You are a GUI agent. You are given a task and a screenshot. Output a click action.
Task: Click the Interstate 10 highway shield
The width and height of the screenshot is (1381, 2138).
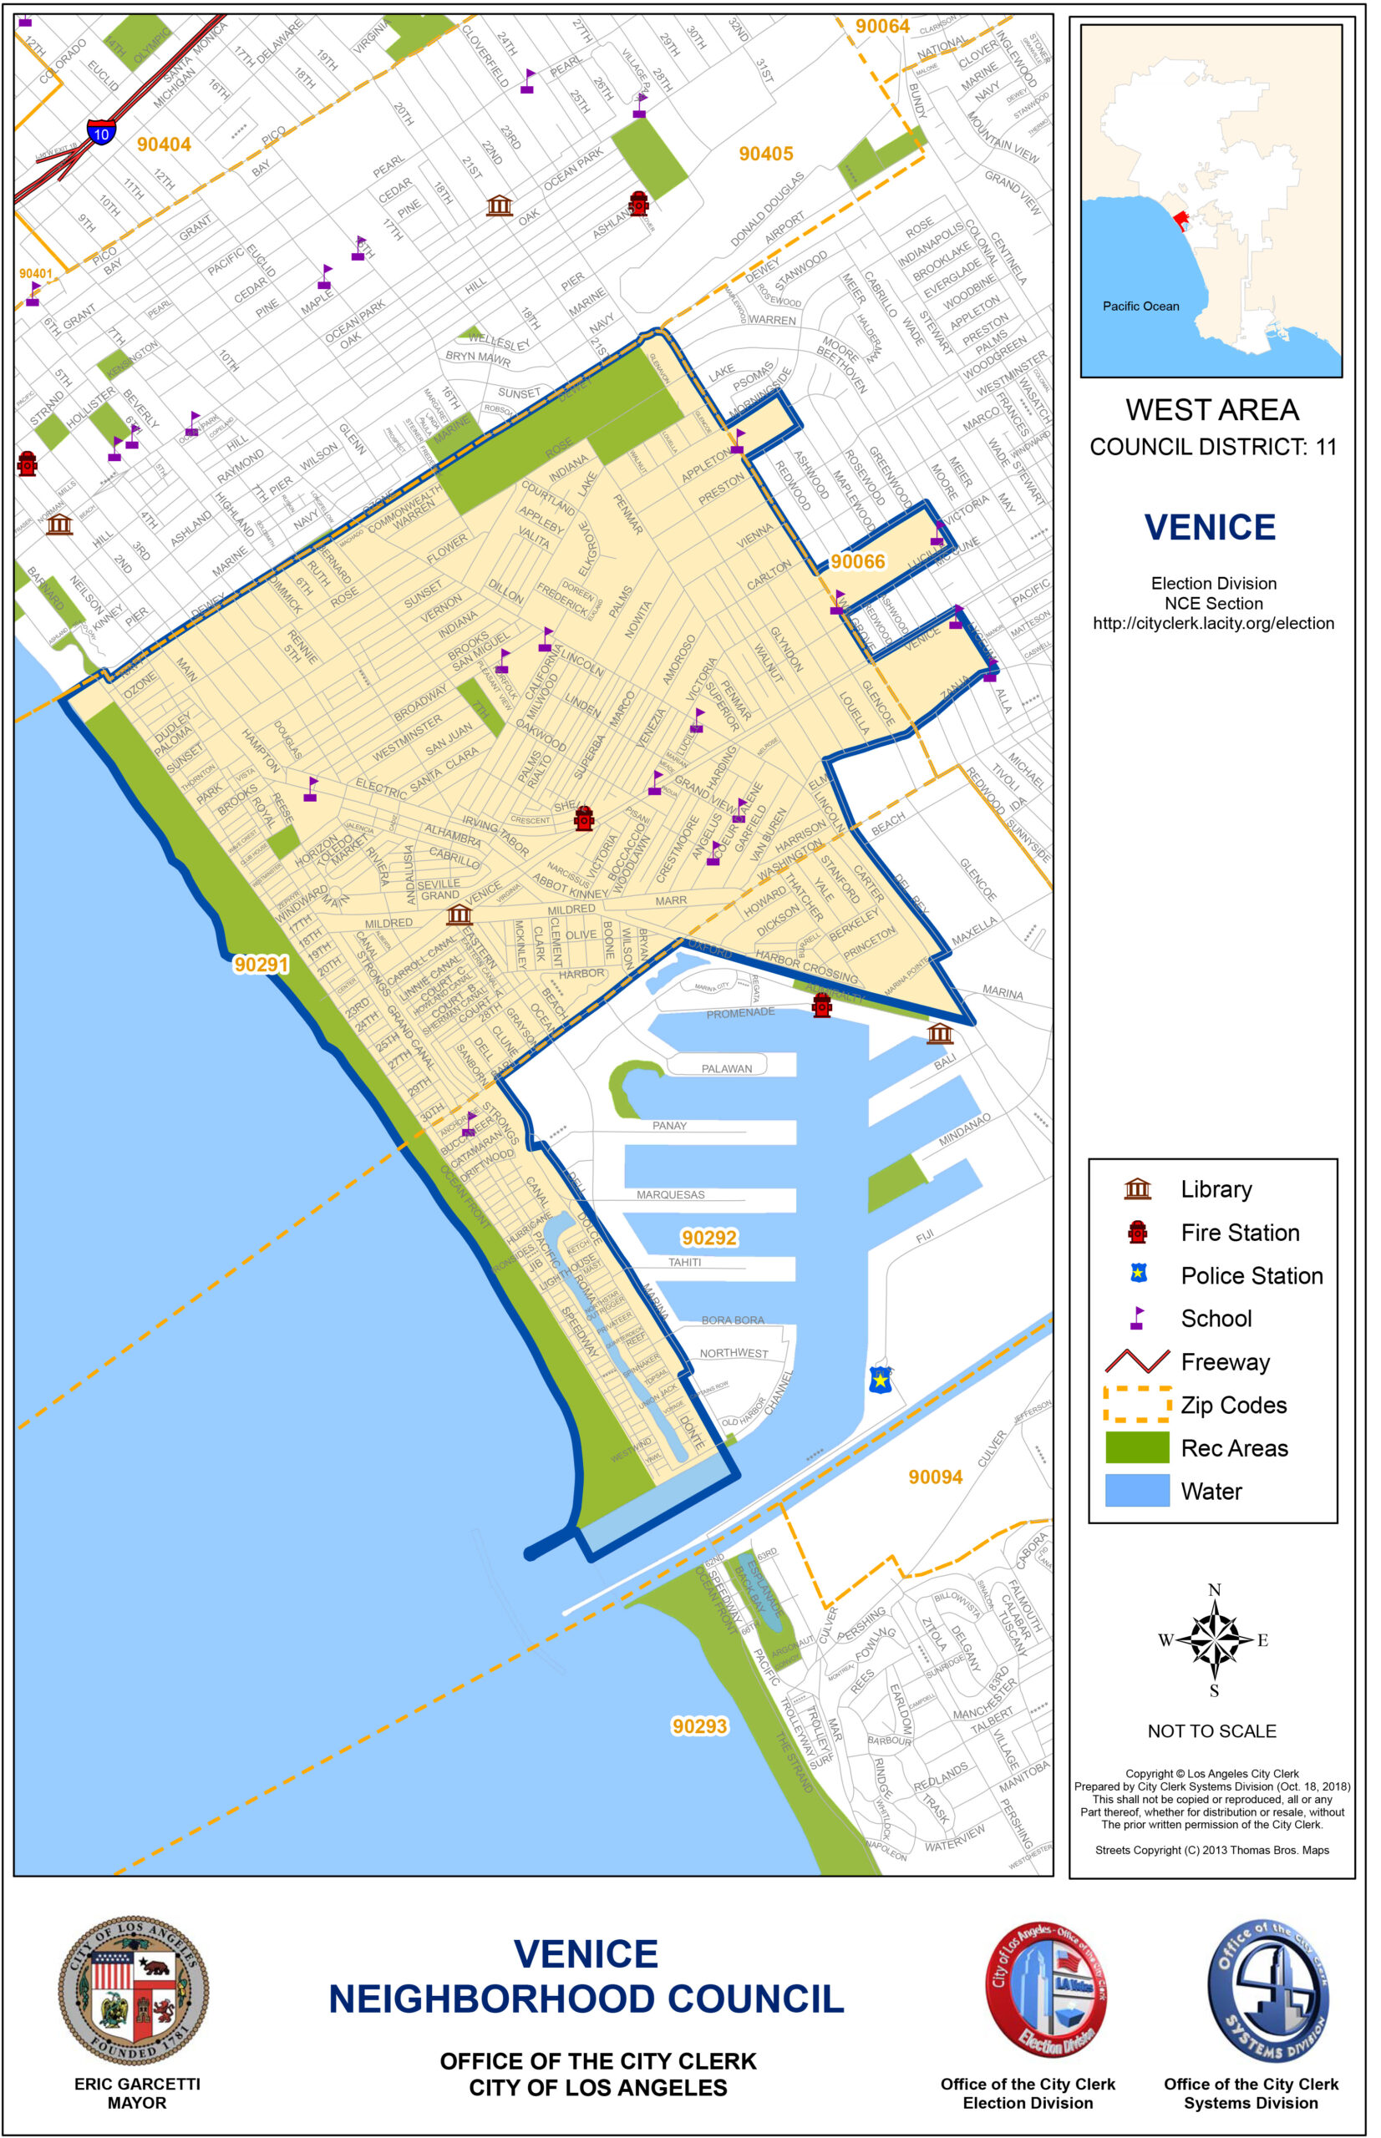pyautogui.click(x=101, y=134)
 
